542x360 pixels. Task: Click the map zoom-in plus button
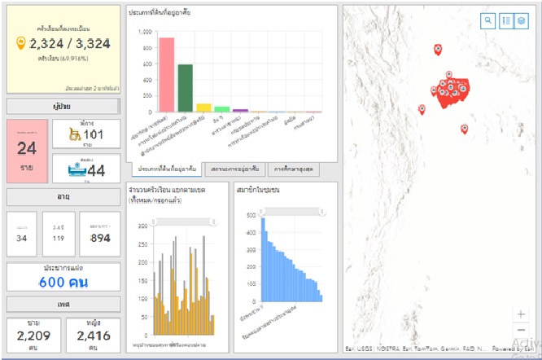(x=521, y=314)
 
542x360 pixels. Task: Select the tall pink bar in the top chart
(x=166, y=74)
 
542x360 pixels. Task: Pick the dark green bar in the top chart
(x=185, y=87)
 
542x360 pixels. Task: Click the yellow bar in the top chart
(x=203, y=107)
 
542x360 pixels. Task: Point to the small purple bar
(x=240, y=110)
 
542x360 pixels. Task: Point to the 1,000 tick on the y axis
(x=145, y=32)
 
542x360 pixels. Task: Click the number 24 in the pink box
(x=27, y=147)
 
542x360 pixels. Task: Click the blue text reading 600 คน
(x=63, y=282)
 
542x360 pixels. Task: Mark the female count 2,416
(x=93, y=335)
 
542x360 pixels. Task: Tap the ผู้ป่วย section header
(x=63, y=106)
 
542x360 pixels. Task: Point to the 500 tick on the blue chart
(x=250, y=215)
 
